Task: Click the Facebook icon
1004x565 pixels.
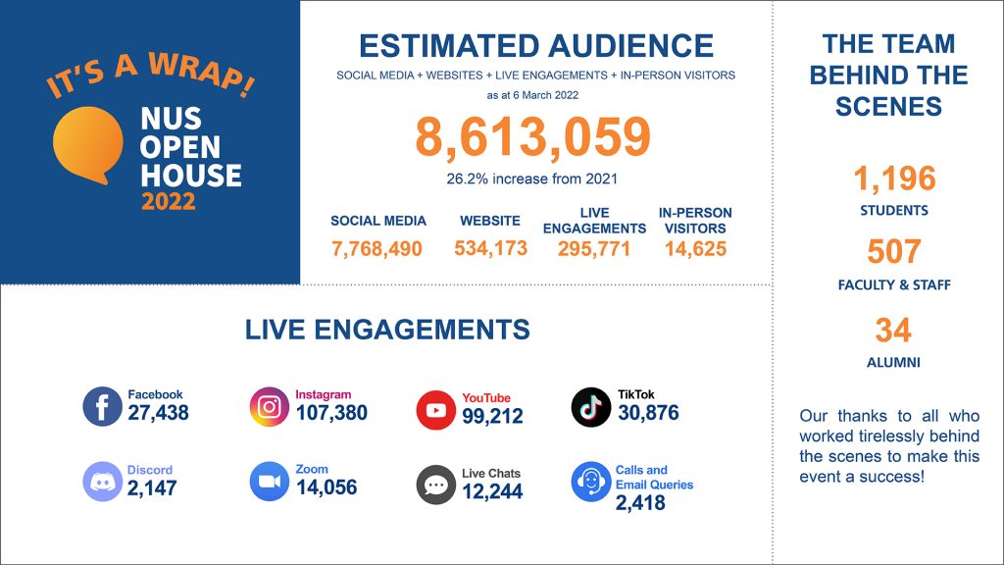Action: (102, 406)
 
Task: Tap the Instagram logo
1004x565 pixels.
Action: (270, 406)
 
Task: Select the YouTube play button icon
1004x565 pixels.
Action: (436, 410)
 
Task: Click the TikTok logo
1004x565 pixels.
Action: (591, 407)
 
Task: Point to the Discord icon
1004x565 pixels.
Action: (102, 481)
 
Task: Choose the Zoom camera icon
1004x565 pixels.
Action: (270, 481)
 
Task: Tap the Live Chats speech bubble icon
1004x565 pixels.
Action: (436, 485)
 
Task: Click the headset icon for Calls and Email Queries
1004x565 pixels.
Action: (591, 481)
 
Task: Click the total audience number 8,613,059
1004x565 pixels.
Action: (532, 137)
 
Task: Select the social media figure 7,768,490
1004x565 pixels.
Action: (377, 248)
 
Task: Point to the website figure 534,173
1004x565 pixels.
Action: (491, 248)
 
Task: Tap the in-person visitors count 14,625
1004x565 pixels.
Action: (695, 248)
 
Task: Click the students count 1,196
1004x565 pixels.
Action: (894, 179)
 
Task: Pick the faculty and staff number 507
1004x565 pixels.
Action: (894, 251)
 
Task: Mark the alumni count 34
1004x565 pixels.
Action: (893, 331)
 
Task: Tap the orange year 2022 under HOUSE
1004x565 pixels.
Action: (169, 201)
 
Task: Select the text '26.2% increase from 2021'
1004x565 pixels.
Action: (532, 179)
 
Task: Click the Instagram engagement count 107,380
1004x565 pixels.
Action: (331, 413)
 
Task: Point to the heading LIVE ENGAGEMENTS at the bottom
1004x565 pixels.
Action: (387, 330)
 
